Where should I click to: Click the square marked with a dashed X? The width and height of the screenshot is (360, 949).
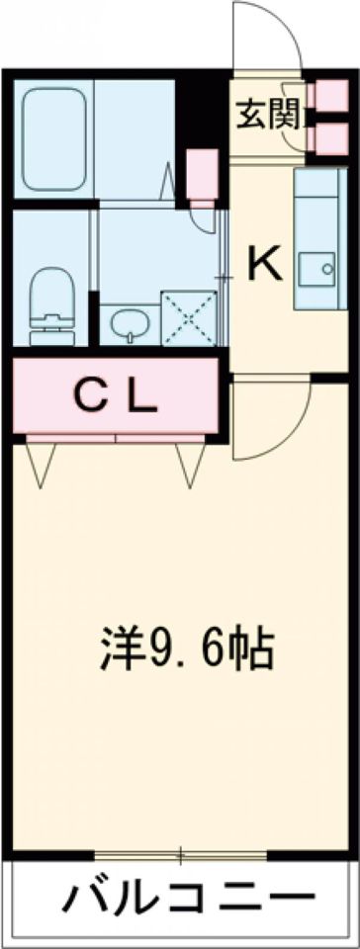pyautogui.click(x=188, y=316)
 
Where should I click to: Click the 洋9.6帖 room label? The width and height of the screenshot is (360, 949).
pyautogui.click(x=187, y=647)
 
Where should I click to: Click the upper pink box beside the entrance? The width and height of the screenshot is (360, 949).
pyautogui.click(x=326, y=97)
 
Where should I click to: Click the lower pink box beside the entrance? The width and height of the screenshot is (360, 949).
pyautogui.click(x=326, y=137)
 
